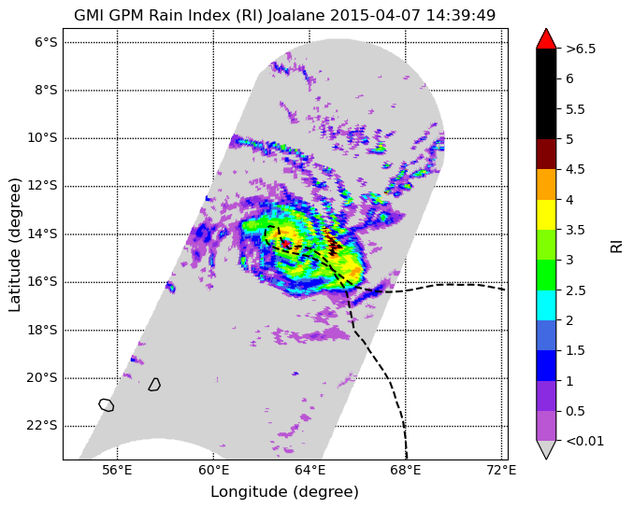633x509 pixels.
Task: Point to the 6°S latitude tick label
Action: [x=46, y=42]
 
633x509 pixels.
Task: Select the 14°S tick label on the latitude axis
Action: [x=42, y=233]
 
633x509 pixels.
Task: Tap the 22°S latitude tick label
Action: [x=42, y=426]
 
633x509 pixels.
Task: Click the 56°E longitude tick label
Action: [x=118, y=471]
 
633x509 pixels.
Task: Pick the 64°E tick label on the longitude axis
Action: [x=309, y=471]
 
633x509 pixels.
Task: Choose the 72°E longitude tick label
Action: [x=503, y=471]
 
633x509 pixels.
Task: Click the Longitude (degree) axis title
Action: [x=284, y=492]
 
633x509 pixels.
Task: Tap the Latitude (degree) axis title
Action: [x=14, y=245]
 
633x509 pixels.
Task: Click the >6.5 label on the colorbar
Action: [x=581, y=49]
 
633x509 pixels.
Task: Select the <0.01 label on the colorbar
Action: [x=585, y=441]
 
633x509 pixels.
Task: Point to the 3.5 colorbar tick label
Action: [x=575, y=230]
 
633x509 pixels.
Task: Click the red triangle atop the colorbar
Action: [x=546, y=38]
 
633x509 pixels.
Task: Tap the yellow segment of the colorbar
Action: [x=546, y=215]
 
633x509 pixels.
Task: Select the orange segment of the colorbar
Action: [x=546, y=184]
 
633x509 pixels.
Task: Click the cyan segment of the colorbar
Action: [x=546, y=305]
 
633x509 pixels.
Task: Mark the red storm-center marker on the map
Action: [x=285, y=243]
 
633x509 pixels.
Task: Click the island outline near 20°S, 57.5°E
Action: [x=154, y=385]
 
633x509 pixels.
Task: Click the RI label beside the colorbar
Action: [x=616, y=245]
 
